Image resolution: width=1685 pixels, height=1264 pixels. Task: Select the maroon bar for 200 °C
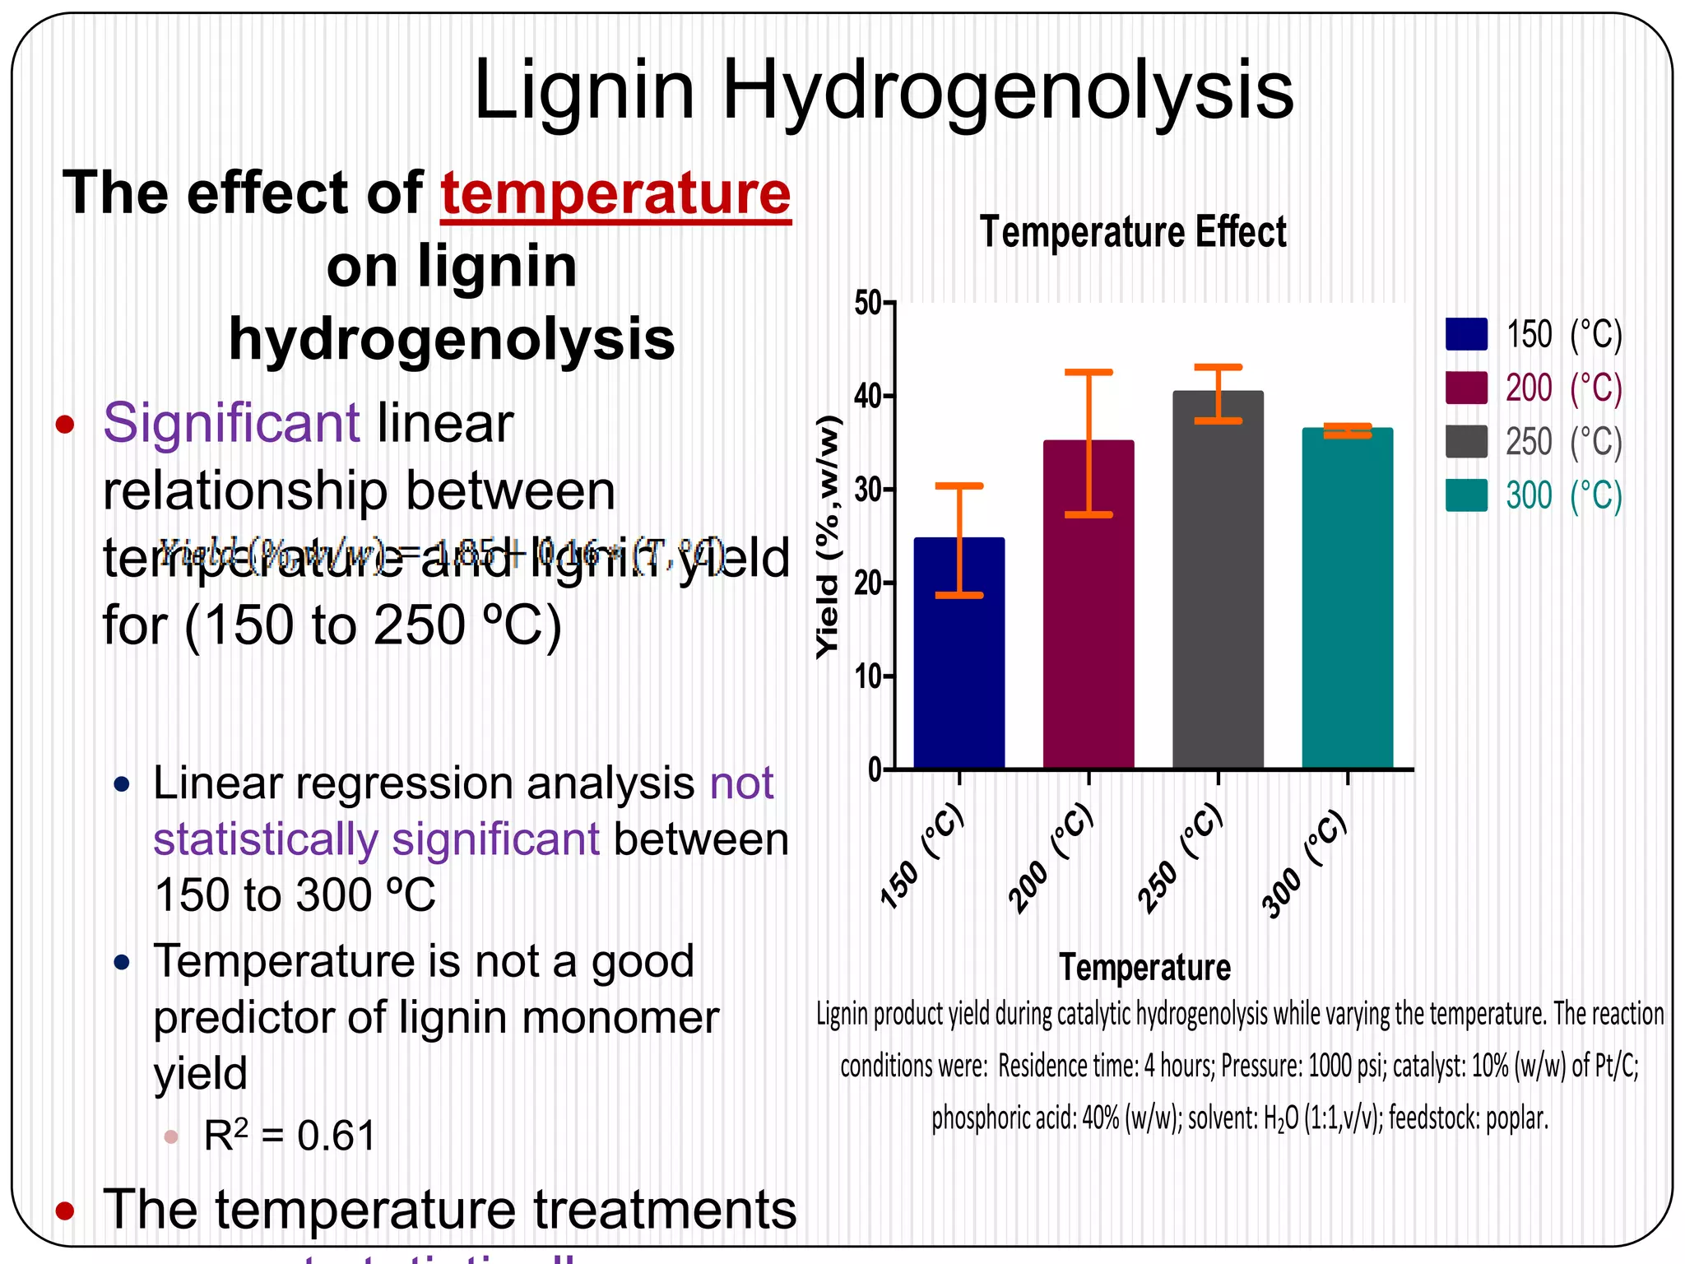click(x=1089, y=609)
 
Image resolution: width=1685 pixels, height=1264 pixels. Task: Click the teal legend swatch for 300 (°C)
click(x=1466, y=495)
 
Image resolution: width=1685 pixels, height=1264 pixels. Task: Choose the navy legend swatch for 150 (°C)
click(x=1466, y=334)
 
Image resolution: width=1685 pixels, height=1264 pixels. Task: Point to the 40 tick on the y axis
click(x=869, y=397)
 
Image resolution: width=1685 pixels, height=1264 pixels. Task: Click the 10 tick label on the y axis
click(x=869, y=676)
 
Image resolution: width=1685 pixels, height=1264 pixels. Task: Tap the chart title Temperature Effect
click(x=1133, y=232)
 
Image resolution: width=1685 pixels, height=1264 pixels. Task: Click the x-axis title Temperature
click(x=1144, y=967)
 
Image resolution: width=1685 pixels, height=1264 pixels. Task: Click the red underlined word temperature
click(x=615, y=194)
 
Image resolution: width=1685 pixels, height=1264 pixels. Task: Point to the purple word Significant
click(x=231, y=423)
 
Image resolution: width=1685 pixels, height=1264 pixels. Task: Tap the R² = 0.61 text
click(x=290, y=1136)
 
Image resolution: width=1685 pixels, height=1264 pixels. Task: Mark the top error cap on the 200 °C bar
click(x=1089, y=373)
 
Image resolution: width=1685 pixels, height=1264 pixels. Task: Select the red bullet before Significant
click(x=65, y=425)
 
